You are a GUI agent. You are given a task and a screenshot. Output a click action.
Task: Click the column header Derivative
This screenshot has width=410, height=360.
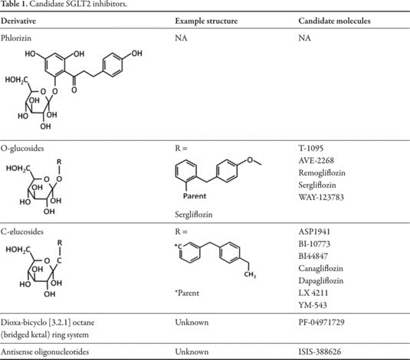pos(18,21)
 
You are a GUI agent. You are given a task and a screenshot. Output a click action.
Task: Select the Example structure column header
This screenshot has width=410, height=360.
pos(206,21)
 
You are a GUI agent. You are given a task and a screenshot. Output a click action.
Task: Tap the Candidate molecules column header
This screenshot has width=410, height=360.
pos(334,21)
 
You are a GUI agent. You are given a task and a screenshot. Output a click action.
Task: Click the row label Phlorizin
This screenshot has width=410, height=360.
pos(16,38)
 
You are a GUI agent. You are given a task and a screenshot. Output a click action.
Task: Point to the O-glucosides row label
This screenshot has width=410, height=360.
pos(22,149)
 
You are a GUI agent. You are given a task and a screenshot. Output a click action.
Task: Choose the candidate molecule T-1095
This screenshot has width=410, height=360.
pos(311,149)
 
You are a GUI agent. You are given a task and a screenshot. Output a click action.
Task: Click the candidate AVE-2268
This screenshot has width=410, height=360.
pos(317,160)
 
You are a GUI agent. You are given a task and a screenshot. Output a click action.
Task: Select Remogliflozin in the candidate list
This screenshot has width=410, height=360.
pos(322,173)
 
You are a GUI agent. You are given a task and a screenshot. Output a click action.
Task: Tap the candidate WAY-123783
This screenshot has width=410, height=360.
pos(321,197)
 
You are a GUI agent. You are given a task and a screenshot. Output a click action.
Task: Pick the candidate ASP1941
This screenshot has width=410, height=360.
pos(314,231)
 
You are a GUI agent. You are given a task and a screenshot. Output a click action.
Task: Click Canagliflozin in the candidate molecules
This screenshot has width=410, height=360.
pos(320,269)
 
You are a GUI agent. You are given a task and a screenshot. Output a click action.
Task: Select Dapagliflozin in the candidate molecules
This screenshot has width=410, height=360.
pos(321,281)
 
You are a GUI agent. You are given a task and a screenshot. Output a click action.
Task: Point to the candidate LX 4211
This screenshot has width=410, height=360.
pos(313,293)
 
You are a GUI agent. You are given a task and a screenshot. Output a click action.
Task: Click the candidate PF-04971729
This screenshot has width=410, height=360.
pos(321,322)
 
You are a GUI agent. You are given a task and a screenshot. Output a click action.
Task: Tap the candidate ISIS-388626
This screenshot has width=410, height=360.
pos(320,352)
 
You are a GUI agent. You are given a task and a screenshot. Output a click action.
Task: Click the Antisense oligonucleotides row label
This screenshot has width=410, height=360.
pos(44,352)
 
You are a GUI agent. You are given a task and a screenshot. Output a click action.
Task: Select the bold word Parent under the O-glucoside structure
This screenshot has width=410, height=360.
pos(195,196)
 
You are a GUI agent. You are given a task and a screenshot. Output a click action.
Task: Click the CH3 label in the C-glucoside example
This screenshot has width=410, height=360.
pos(250,274)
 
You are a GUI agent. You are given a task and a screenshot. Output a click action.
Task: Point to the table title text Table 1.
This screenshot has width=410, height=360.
pos(14,4)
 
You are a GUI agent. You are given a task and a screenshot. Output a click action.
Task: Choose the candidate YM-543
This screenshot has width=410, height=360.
pos(313,305)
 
